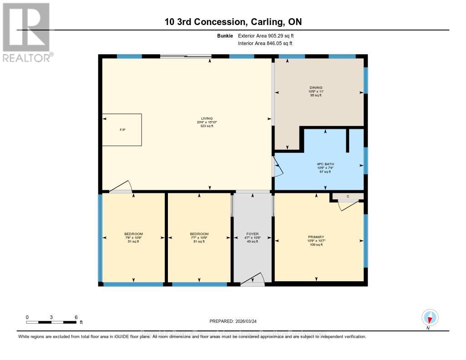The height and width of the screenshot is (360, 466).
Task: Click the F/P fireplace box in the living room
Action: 122,130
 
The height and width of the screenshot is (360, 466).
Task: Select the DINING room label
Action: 316,87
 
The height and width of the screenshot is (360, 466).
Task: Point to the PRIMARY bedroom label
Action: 316,237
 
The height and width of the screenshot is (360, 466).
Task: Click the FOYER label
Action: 252,234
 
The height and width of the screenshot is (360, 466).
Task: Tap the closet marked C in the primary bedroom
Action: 348,196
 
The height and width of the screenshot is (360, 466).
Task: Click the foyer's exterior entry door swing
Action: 253,279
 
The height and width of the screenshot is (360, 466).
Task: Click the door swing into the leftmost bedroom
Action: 121,187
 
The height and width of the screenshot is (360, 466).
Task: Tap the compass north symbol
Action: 429,318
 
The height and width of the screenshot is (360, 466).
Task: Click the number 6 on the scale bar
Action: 76,317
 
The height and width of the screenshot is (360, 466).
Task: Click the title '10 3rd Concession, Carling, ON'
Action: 233,22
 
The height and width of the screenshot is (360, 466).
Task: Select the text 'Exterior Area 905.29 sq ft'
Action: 269,35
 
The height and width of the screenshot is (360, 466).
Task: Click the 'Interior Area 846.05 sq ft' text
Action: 265,43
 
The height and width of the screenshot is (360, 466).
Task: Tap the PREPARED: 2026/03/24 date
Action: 233,321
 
